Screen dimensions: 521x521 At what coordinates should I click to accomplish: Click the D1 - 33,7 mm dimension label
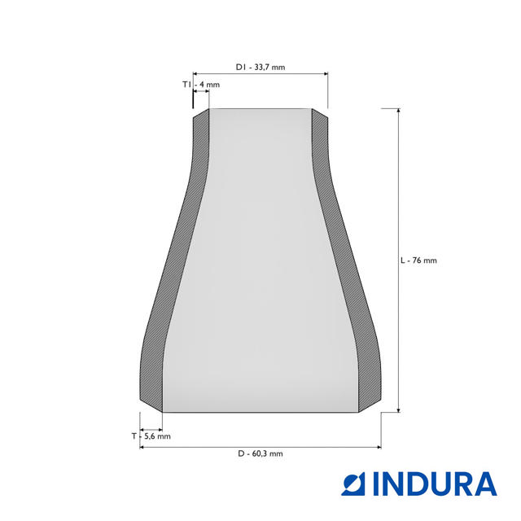click(x=260, y=67)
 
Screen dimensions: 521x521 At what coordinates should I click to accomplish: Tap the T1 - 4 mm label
click(x=201, y=85)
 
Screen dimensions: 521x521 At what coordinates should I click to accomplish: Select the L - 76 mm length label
click(x=418, y=260)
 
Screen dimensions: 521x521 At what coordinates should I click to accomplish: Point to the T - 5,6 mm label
click(x=151, y=436)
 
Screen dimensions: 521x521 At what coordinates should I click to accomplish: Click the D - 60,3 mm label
click(x=260, y=453)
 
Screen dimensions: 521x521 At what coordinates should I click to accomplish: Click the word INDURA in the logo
click(x=436, y=484)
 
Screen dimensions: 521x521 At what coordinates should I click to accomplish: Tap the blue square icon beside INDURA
click(x=353, y=485)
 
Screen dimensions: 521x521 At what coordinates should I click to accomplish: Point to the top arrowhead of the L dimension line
click(x=399, y=111)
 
